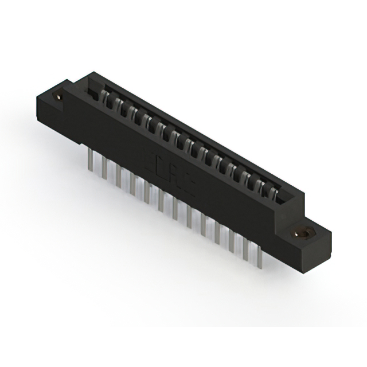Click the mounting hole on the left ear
[58, 97]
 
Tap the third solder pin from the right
[232, 240]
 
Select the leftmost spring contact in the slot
[106, 97]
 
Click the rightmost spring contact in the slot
[274, 193]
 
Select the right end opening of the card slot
[283, 195]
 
